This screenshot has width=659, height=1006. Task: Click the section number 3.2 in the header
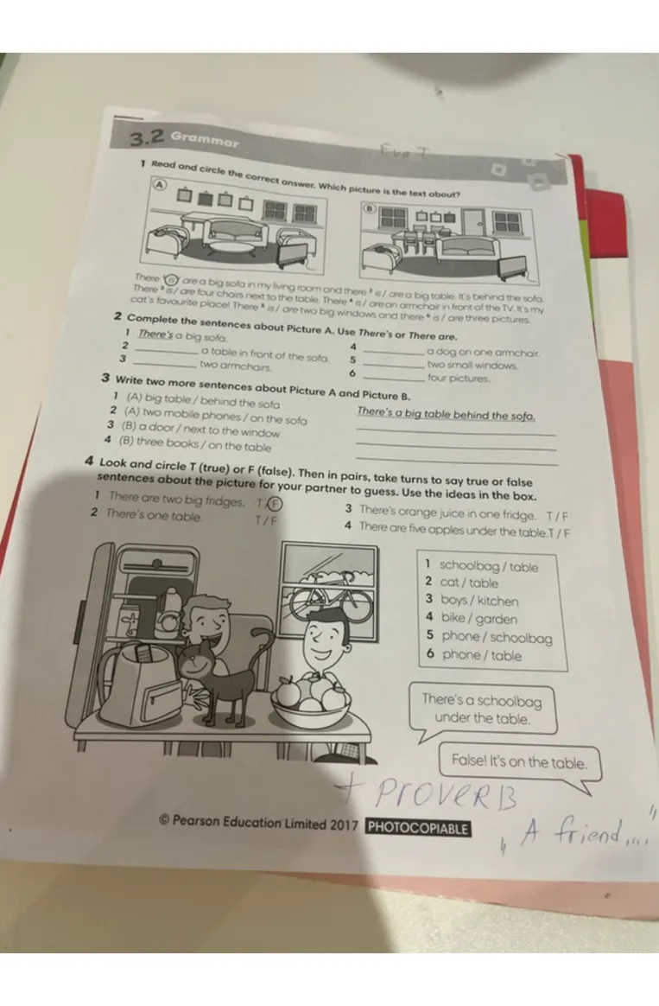pyautogui.click(x=146, y=138)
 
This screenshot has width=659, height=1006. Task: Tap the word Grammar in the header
pyautogui.click(x=204, y=140)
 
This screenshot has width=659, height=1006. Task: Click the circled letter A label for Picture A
pyautogui.click(x=159, y=184)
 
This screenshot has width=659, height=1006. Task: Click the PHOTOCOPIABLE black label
pyautogui.click(x=418, y=827)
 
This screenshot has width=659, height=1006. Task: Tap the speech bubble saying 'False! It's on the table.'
pyautogui.click(x=519, y=762)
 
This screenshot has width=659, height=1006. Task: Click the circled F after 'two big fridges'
pyautogui.click(x=274, y=505)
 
